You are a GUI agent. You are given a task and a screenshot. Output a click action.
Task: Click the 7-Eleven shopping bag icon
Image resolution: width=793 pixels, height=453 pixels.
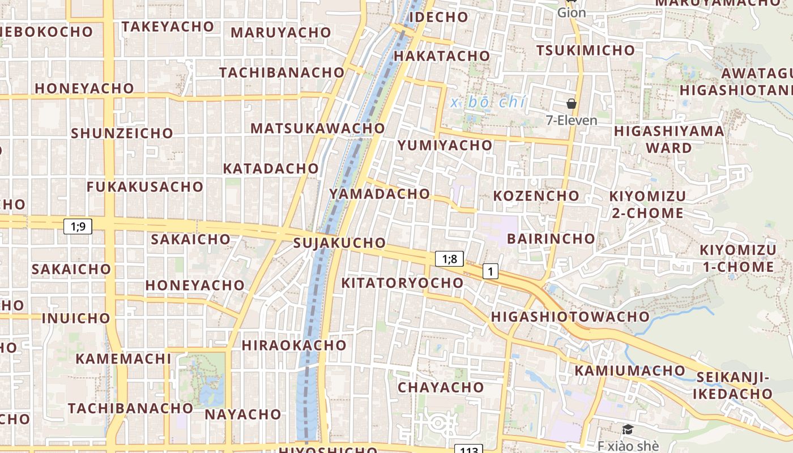(x=572, y=104)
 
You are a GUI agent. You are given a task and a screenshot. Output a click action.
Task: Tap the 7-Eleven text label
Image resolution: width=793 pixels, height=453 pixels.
(x=572, y=120)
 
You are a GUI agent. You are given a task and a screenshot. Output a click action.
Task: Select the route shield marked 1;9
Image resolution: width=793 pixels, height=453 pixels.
(x=78, y=226)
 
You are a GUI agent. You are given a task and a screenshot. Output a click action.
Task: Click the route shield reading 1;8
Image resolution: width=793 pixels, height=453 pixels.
(x=449, y=259)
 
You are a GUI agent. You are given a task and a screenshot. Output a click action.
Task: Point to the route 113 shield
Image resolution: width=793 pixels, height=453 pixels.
(x=468, y=450)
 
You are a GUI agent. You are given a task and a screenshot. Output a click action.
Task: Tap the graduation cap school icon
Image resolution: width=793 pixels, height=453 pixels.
(x=628, y=430)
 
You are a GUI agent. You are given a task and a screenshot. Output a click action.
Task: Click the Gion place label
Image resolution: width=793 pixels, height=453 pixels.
(x=572, y=12)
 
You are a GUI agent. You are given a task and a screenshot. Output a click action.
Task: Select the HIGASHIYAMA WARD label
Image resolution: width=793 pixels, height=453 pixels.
(x=669, y=139)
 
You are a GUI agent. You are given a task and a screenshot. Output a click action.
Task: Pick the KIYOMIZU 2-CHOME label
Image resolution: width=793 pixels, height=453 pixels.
(x=647, y=204)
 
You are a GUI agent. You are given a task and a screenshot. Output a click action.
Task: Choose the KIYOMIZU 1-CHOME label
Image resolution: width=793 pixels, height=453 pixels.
(x=737, y=258)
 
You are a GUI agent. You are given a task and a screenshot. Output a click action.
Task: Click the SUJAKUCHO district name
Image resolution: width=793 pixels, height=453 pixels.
(x=340, y=243)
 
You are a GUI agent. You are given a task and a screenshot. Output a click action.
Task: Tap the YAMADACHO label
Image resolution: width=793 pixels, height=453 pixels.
(x=380, y=194)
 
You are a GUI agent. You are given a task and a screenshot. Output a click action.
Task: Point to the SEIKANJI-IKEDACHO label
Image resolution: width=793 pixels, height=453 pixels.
(x=734, y=385)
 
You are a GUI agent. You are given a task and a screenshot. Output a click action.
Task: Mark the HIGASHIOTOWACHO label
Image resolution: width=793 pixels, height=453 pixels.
(x=570, y=317)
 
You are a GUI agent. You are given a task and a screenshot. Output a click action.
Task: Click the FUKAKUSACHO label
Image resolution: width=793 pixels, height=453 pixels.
(x=145, y=186)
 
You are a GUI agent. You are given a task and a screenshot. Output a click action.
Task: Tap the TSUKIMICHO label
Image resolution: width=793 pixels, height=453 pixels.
(x=586, y=50)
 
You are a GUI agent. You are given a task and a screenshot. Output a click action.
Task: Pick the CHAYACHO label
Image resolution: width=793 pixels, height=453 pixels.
(x=441, y=387)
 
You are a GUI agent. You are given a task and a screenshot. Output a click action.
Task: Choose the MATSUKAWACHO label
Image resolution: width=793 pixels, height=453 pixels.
(x=318, y=128)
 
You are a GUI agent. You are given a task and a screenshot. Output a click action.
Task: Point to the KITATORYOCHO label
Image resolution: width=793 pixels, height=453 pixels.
(x=402, y=283)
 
